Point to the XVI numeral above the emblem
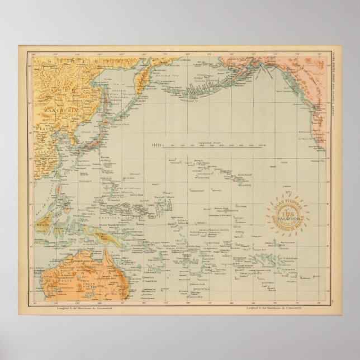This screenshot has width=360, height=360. (290, 191)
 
